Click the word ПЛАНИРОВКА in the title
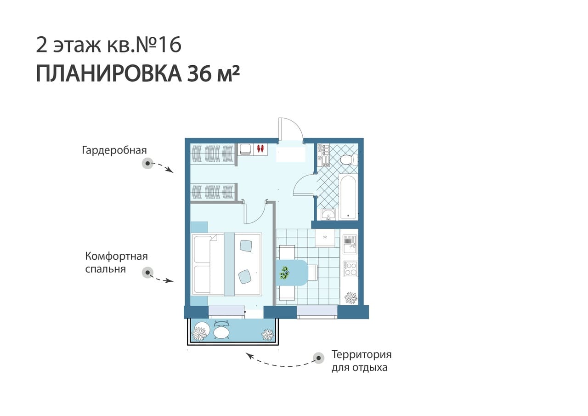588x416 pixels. tap(109, 74)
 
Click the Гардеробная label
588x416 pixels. tap(114, 150)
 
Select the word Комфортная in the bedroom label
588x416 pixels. tap(117, 256)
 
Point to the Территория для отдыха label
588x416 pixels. tap(362, 361)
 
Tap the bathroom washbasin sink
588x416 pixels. tap(328, 214)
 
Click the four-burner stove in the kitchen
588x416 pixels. tap(351, 268)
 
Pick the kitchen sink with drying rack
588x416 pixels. tap(350, 244)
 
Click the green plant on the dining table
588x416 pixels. tap(284, 273)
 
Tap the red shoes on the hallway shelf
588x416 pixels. tap(260, 148)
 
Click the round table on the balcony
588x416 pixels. tap(221, 333)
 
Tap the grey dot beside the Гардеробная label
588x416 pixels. tap(147, 163)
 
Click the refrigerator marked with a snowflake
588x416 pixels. tap(325, 238)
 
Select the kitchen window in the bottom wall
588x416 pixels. tap(317, 312)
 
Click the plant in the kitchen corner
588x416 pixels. tap(351, 298)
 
